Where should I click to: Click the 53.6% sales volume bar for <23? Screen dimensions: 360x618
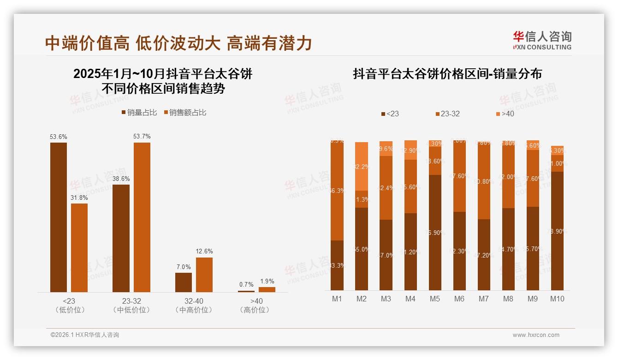click(x=59, y=217)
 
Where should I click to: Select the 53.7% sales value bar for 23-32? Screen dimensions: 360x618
click(x=142, y=217)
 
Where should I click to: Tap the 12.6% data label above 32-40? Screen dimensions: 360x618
click(x=204, y=252)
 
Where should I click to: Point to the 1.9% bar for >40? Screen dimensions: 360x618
click(x=267, y=289)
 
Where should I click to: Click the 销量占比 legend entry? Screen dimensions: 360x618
click(x=139, y=113)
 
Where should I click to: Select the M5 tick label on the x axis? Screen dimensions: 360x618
click(x=434, y=299)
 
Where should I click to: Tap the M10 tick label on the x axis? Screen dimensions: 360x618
click(x=557, y=299)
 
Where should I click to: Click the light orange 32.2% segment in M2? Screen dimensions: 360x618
click(x=362, y=166)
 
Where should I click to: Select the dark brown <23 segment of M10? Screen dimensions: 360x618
click(x=557, y=231)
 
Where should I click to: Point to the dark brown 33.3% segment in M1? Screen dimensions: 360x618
click(x=337, y=265)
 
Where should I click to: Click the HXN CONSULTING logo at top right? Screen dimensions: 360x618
click(x=542, y=41)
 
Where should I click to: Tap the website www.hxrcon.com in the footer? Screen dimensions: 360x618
click(x=536, y=335)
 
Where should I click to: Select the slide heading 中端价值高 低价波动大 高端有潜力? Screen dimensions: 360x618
click(x=178, y=43)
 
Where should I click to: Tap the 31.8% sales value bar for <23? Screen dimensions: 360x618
click(x=79, y=247)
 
